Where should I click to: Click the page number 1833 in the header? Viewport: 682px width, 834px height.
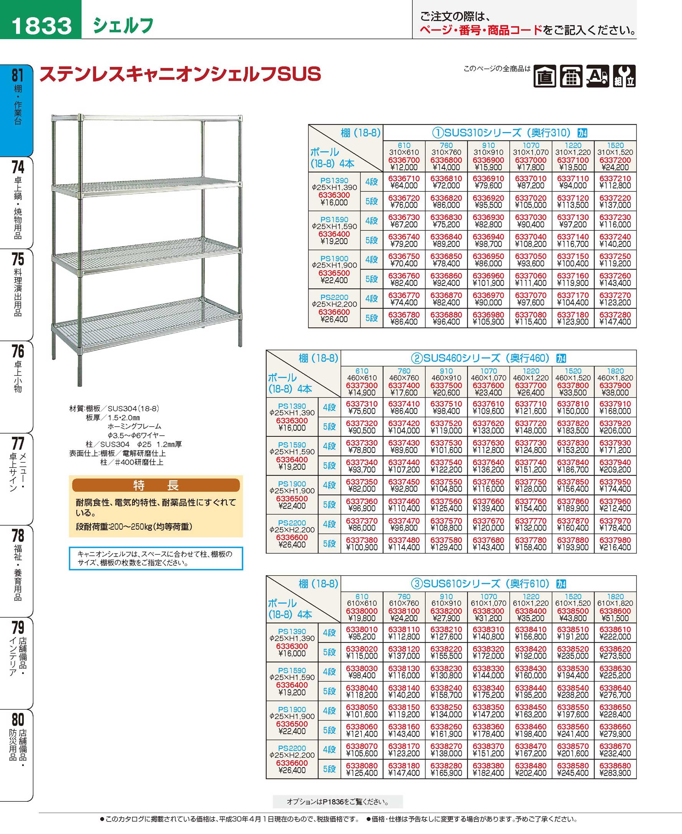coord(41,25)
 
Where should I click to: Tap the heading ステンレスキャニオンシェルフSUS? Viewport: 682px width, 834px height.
coord(180,74)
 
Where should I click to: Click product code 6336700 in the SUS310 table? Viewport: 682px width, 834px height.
coord(404,160)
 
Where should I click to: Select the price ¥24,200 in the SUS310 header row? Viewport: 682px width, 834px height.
coord(615,167)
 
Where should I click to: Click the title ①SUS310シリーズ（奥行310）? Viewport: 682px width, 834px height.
coord(501,133)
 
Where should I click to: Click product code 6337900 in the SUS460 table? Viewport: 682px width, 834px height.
coord(615,386)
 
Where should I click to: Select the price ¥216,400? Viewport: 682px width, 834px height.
coord(615,547)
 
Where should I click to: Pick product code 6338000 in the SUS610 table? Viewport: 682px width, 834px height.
coord(361,611)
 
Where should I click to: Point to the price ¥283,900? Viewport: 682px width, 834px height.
coord(615,773)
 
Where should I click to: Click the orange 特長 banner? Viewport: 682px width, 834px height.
coord(156,486)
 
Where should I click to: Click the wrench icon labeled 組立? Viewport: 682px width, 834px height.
coord(624,76)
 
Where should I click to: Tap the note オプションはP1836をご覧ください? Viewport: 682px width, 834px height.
coord(338,802)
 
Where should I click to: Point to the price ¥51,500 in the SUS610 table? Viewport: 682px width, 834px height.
coord(615,618)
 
